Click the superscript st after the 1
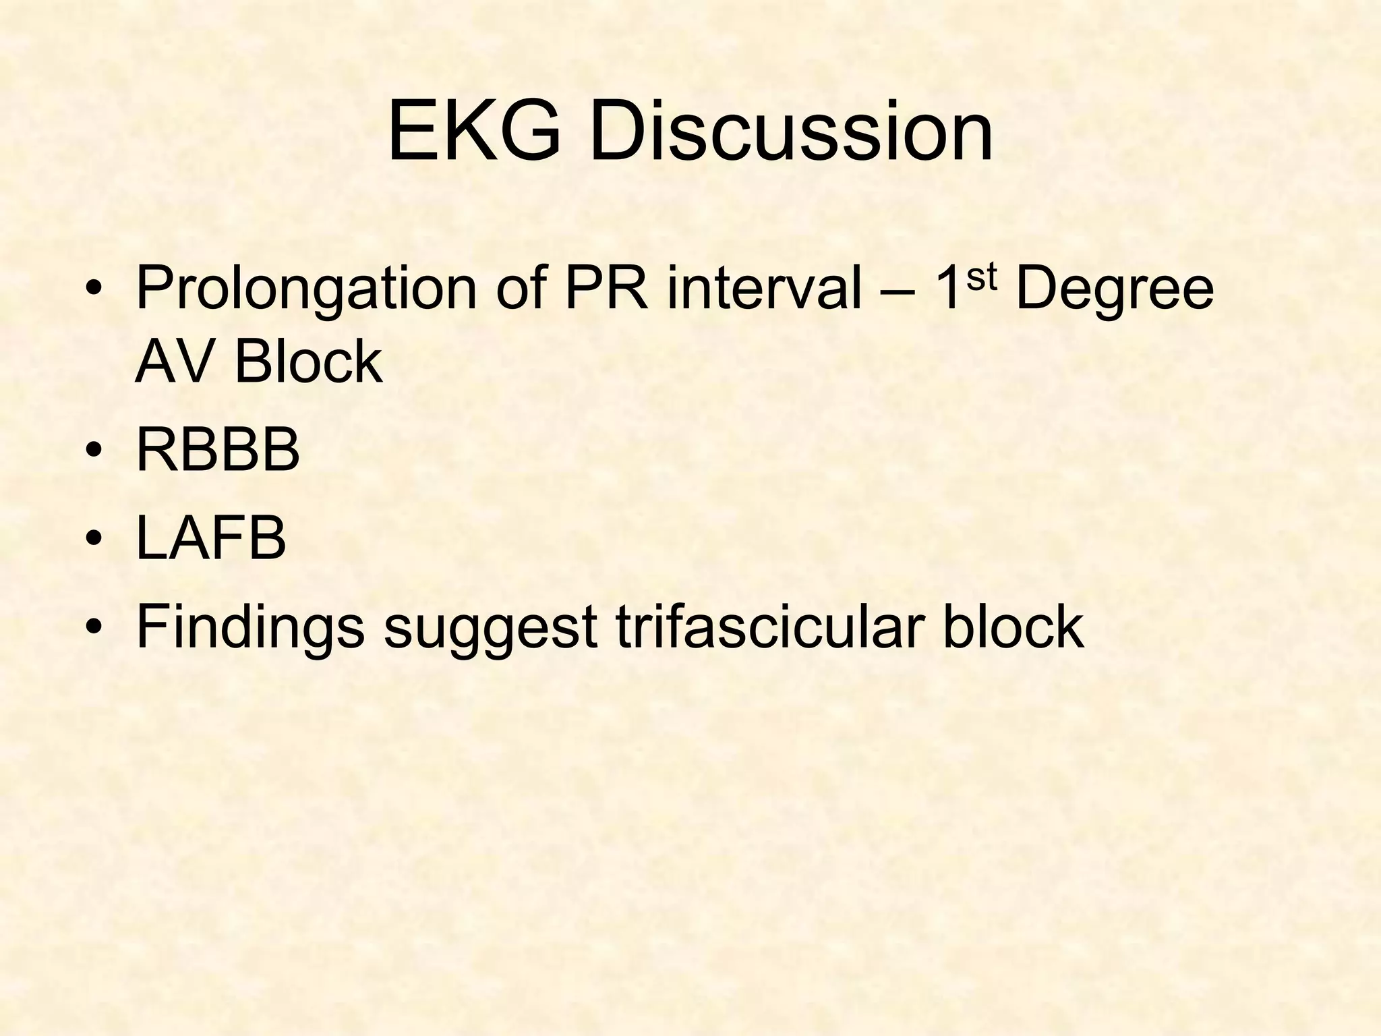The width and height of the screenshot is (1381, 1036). pyautogui.click(x=981, y=277)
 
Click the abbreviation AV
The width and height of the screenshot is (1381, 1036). pyautogui.click(x=177, y=362)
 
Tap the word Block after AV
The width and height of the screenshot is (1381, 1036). pyautogui.click(x=308, y=362)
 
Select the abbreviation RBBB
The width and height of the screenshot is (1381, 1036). pyautogui.click(x=218, y=451)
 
